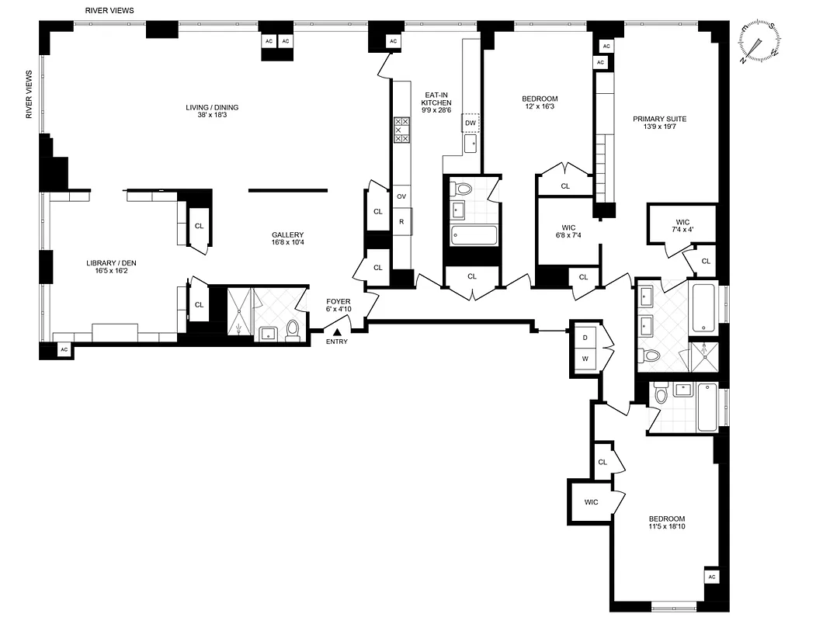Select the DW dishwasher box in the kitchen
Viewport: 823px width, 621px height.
click(x=471, y=123)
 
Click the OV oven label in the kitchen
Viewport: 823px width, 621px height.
click(x=401, y=196)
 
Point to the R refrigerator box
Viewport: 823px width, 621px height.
click(x=401, y=221)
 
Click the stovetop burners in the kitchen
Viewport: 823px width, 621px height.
click(x=401, y=130)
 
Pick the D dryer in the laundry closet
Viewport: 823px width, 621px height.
click(x=584, y=338)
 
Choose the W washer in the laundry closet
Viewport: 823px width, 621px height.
click(x=584, y=359)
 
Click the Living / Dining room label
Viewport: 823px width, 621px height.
click(x=212, y=112)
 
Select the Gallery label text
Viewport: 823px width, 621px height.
click(x=287, y=235)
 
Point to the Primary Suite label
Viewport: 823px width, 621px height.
click(x=659, y=119)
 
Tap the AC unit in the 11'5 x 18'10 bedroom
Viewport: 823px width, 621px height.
click(x=712, y=576)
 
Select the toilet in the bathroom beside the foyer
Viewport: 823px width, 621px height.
click(x=293, y=331)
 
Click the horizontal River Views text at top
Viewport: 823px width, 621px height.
click(x=109, y=11)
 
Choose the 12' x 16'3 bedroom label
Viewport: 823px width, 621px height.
click(x=539, y=102)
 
